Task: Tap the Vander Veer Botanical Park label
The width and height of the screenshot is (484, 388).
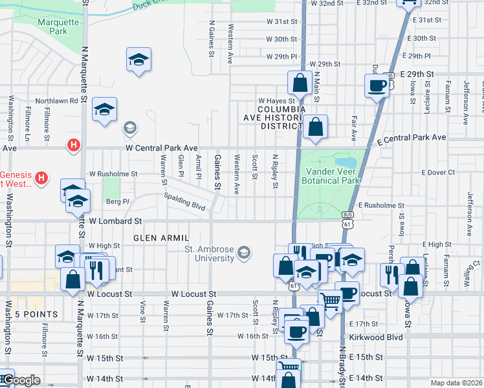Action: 331,176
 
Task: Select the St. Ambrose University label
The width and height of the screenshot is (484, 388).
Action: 209,253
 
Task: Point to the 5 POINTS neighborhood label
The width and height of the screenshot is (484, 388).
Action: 36,314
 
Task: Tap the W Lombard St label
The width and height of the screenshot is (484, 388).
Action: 115,221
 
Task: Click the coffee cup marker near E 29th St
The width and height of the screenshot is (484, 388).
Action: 377,85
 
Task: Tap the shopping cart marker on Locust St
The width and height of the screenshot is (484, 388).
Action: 331,300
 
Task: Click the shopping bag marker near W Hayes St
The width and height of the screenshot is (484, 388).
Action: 300,83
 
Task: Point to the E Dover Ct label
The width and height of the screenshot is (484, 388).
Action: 438,173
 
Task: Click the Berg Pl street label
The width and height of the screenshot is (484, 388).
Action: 118,202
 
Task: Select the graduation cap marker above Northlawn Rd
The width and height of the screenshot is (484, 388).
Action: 138,59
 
